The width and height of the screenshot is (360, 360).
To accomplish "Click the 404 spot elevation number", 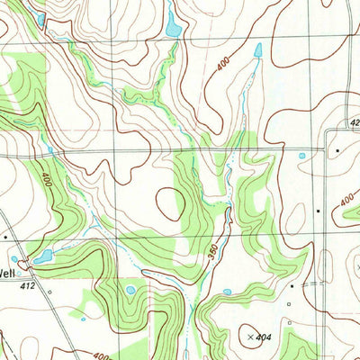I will click(263, 337).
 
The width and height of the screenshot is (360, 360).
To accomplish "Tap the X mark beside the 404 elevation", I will click(249, 337).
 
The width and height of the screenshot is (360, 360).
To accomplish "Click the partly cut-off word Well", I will click(7, 273).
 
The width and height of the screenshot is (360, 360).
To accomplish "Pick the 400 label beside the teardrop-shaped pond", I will click(223, 64).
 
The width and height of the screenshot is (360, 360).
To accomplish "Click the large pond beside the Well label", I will click(42, 257).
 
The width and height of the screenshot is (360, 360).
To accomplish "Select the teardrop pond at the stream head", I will click(257, 51).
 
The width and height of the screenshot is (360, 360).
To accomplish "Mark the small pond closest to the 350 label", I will click(227, 291).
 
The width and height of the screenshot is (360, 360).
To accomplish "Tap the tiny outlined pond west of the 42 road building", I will click(301, 156).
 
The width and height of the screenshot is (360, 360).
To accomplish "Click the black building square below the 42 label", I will click(337, 149).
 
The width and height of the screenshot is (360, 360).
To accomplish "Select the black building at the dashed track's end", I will click(292, 285).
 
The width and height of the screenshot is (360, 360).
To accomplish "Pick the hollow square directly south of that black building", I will click(289, 303).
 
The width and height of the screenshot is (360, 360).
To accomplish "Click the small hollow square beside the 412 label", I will click(50, 292).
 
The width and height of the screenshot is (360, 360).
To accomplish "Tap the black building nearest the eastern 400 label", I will click(318, 210).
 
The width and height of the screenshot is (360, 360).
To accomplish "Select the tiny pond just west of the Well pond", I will click(14, 259).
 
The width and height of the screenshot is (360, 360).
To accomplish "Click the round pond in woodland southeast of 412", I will click(131, 290).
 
